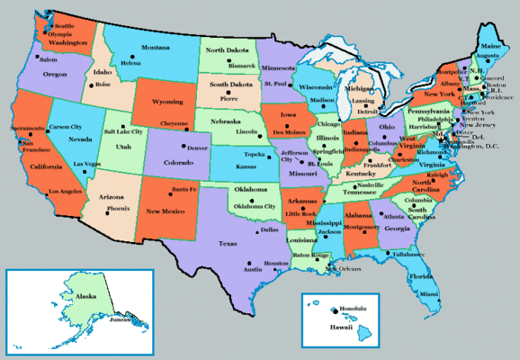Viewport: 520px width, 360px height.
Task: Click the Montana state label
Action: click(156, 47)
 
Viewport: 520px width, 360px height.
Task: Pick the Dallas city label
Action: click(270, 230)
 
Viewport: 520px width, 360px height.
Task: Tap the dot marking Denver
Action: click(184, 146)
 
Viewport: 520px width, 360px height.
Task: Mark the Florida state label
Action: click(420, 276)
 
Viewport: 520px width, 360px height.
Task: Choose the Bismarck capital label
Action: click(242, 66)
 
